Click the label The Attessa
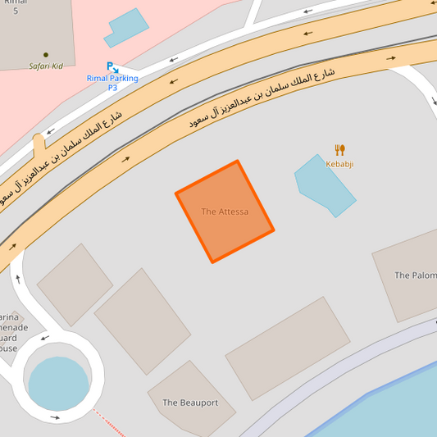(225, 212)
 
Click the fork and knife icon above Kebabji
(339, 149)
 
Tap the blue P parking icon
(110, 66)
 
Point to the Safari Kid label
(45, 66)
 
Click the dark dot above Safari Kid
(46, 55)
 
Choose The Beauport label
(190, 403)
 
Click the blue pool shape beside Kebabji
(324, 185)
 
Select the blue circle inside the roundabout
(58, 384)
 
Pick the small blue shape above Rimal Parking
(125, 28)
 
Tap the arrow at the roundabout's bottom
(55, 417)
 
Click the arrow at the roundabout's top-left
(44, 337)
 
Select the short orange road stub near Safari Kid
(39, 148)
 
